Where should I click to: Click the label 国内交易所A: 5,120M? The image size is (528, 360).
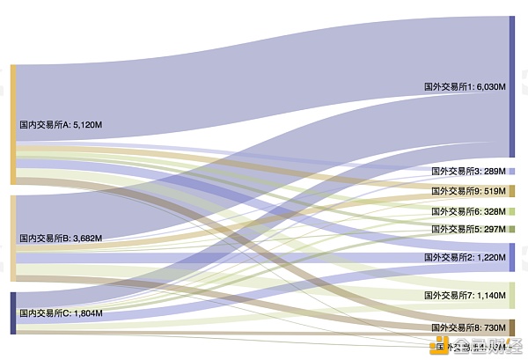click(x=61, y=125)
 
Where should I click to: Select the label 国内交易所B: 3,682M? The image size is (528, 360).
click(x=61, y=238)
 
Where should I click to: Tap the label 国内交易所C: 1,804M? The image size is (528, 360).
click(x=61, y=313)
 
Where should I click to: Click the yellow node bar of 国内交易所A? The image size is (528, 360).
click(x=13, y=124)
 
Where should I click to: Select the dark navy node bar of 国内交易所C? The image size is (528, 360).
click(x=13, y=312)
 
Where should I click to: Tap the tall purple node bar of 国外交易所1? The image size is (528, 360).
click(x=512, y=86)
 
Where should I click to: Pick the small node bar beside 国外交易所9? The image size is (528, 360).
click(x=512, y=191)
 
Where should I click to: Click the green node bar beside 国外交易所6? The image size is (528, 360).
click(x=512, y=211)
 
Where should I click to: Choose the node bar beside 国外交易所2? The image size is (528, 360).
click(x=512, y=257)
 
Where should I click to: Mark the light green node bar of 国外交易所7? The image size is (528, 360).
click(x=512, y=295)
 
